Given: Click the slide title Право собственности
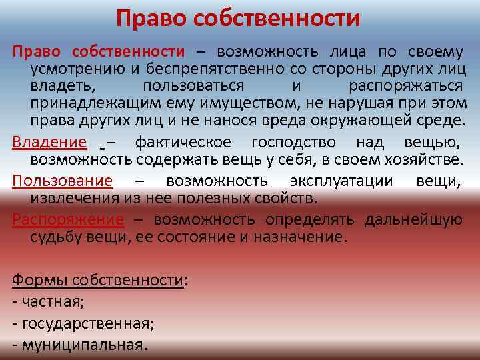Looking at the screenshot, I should click(x=238, y=18).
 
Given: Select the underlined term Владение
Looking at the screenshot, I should click(x=49, y=142).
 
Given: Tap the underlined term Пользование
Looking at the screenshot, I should click(x=63, y=181).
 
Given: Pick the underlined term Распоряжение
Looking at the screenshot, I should click(x=68, y=219).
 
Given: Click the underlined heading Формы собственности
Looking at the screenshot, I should click(x=97, y=280).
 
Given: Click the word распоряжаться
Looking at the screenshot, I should click(x=406, y=87).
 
